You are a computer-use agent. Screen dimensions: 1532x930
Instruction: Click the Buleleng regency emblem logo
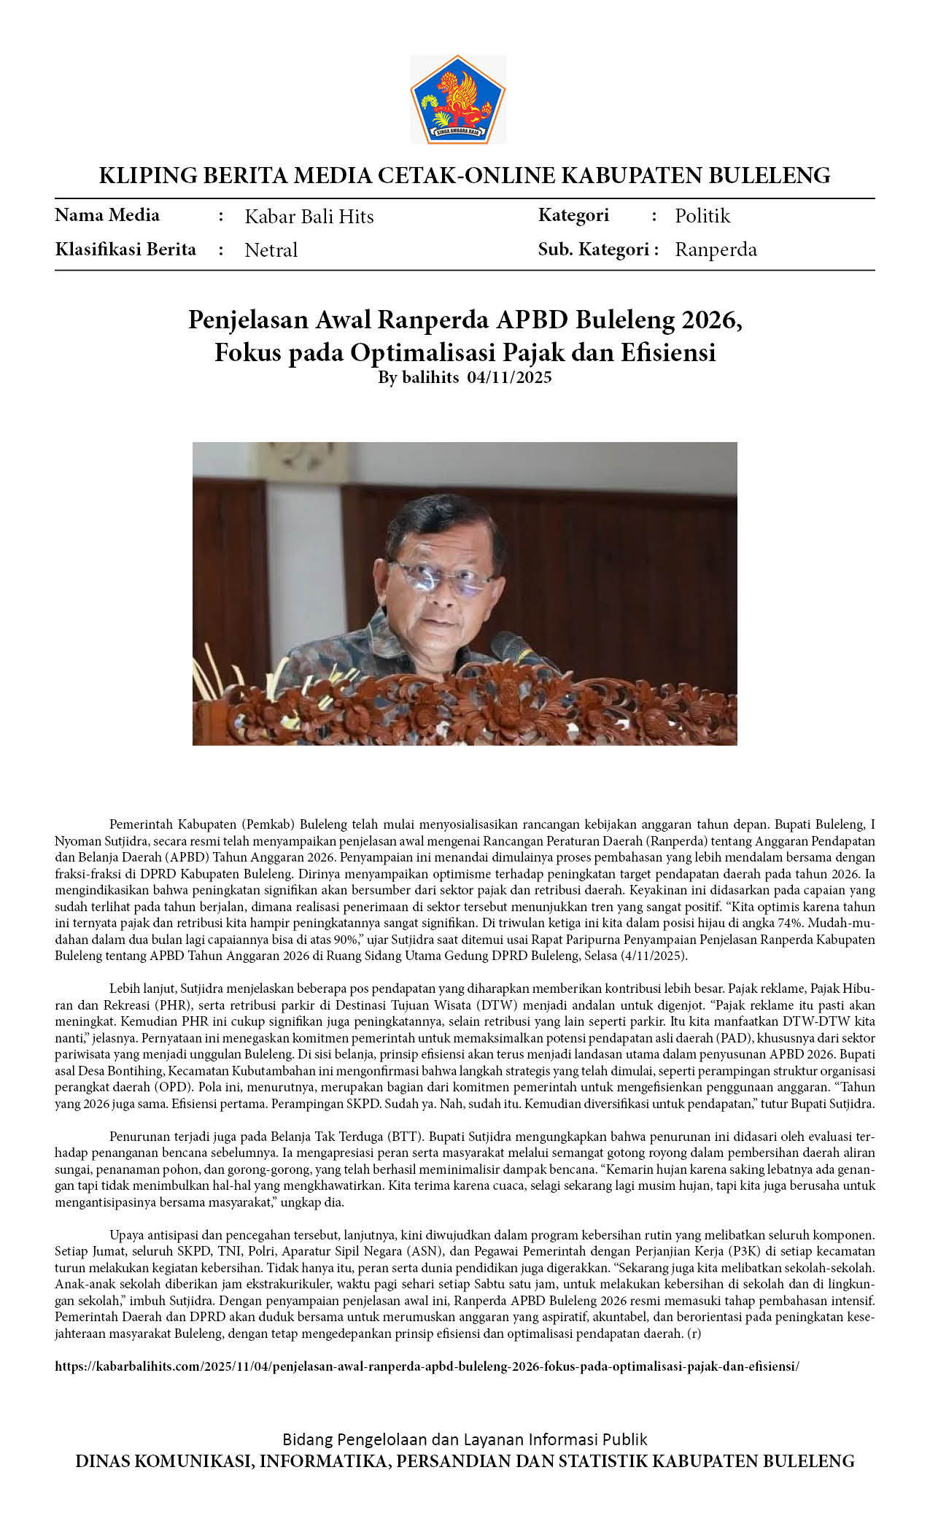tap(457, 98)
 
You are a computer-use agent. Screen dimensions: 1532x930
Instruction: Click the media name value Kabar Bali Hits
tap(309, 217)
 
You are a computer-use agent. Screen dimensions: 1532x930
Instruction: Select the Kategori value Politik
tap(702, 216)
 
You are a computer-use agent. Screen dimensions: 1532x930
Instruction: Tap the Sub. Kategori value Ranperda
tap(715, 249)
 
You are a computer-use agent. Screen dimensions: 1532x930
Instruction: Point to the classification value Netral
tap(271, 250)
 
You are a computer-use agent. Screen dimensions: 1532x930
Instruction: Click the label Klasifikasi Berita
tap(125, 249)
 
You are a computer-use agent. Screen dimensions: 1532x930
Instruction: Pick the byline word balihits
tap(430, 377)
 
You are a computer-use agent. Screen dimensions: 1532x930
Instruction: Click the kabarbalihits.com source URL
tap(427, 1366)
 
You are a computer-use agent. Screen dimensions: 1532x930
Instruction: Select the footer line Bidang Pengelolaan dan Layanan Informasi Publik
tap(465, 1439)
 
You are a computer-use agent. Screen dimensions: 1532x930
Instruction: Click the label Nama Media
tap(107, 215)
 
